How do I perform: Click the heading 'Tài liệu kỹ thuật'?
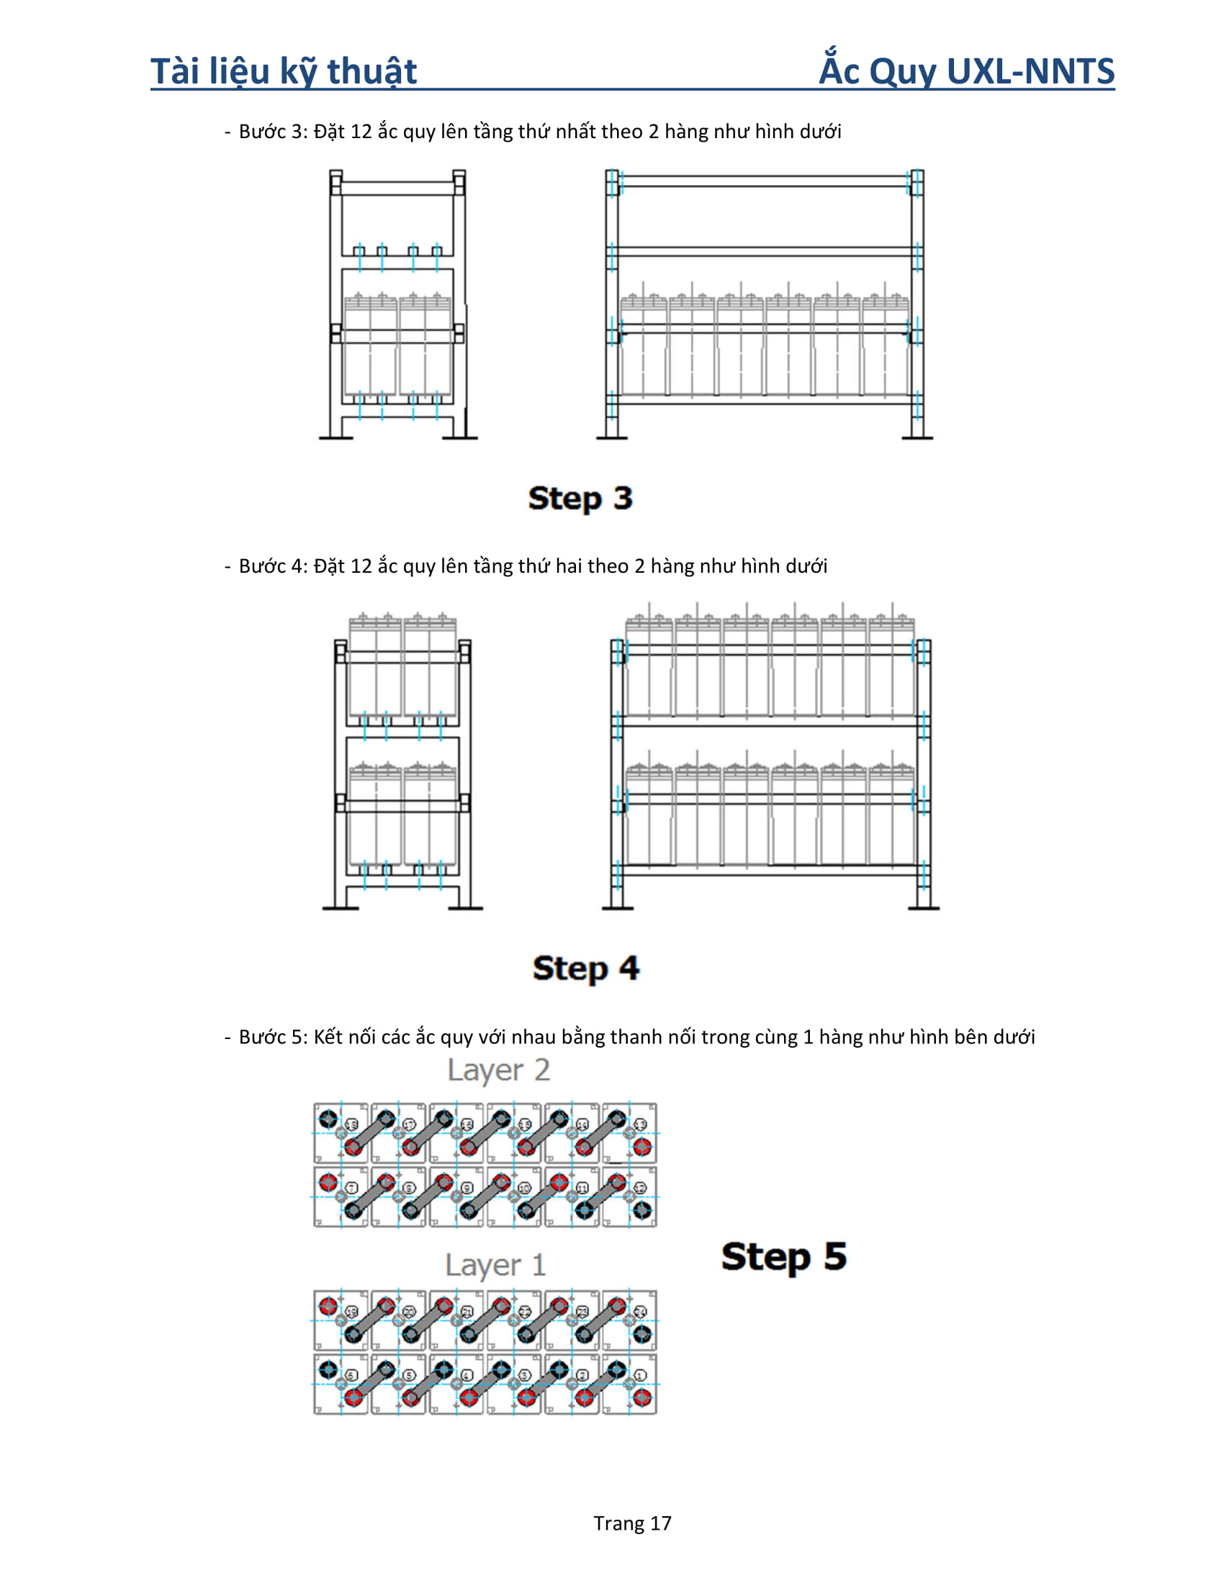(284, 71)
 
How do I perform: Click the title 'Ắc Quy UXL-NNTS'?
(966, 71)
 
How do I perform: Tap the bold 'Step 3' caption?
(580, 498)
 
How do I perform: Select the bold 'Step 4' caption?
(585, 968)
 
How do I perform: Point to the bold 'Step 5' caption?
(783, 1256)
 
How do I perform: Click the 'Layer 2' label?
(498, 1070)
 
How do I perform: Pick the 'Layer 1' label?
(495, 1265)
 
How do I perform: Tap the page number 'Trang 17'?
(632, 1523)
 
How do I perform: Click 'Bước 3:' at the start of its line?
(274, 132)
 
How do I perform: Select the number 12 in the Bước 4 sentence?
(361, 566)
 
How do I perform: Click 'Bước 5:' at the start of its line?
(274, 1037)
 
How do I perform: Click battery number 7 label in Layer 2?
(351, 1188)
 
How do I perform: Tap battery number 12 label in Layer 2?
(639, 1188)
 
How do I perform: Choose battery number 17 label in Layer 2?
(409, 1125)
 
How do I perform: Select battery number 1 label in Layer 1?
(639, 1375)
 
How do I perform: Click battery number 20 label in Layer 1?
(409, 1312)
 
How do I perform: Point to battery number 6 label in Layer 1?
(351, 1375)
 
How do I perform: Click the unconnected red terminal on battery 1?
(642, 1397)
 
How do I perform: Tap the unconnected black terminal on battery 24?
(642, 1333)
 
